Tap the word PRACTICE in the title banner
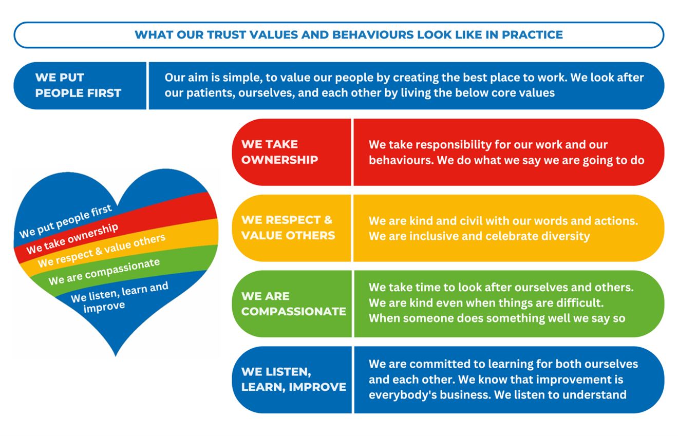point(533,35)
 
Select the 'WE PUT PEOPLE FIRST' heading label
point(78,85)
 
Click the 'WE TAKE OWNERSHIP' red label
point(279,152)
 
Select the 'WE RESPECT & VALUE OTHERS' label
point(288,228)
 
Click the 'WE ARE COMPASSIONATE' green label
point(294,304)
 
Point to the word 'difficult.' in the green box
point(578,303)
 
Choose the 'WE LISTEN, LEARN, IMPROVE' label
point(294,380)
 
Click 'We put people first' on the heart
point(66,221)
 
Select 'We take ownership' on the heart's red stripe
point(72,239)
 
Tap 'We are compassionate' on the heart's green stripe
point(104,272)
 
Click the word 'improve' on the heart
point(104,307)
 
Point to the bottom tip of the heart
point(116,356)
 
